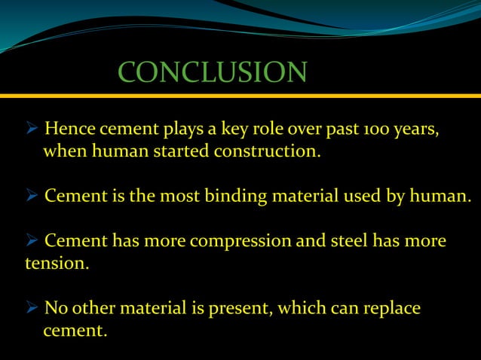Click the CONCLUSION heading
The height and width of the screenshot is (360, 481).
pos(213,72)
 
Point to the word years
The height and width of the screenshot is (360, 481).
pos(412,130)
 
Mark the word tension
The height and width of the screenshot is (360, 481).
pos(57,264)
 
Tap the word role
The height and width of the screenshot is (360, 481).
pos(276,129)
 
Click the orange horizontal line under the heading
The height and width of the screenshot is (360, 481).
pos(240,96)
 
